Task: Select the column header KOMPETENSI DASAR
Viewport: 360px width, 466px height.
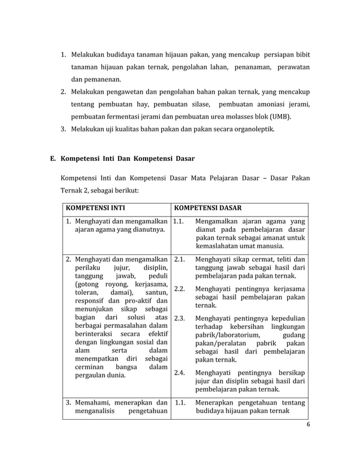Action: (x=208, y=207)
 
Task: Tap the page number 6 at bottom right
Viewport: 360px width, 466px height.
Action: (x=308, y=425)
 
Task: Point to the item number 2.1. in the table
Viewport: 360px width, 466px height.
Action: (x=180, y=260)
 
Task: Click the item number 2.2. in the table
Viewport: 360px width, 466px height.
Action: (x=180, y=289)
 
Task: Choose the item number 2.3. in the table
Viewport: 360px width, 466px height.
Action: (x=180, y=318)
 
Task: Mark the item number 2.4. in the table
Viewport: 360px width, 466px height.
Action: (x=180, y=372)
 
